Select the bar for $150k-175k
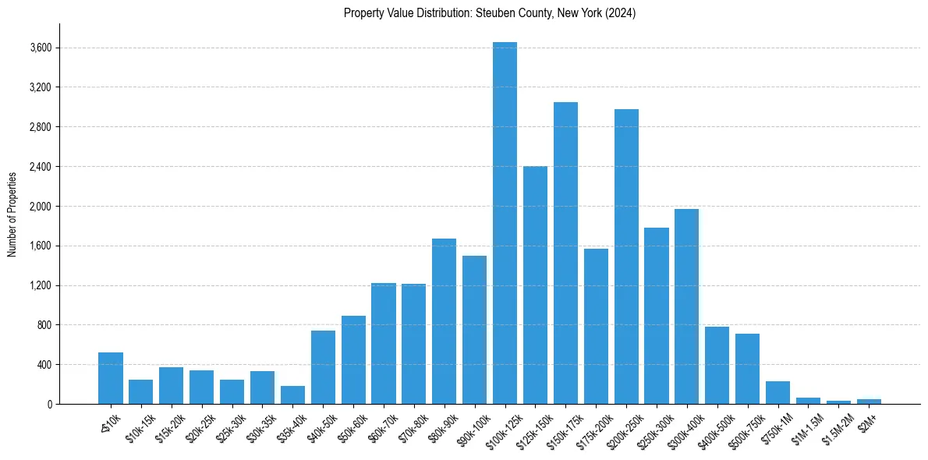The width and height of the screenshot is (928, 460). click(x=565, y=253)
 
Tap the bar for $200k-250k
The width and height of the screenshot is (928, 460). click(x=626, y=257)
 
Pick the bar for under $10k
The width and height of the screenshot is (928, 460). click(x=111, y=378)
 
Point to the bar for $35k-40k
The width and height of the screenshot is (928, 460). click(x=292, y=395)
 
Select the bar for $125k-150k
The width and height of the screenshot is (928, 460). click(x=535, y=285)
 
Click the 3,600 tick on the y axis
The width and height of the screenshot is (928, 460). click(x=41, y=48)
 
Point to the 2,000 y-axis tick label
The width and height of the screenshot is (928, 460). click(x=41, y=207)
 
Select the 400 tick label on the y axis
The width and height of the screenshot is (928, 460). click(x=44, y=365)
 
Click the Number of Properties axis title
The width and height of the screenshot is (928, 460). click(x=12, y=214)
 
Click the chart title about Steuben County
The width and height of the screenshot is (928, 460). click(x=490, y=13)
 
